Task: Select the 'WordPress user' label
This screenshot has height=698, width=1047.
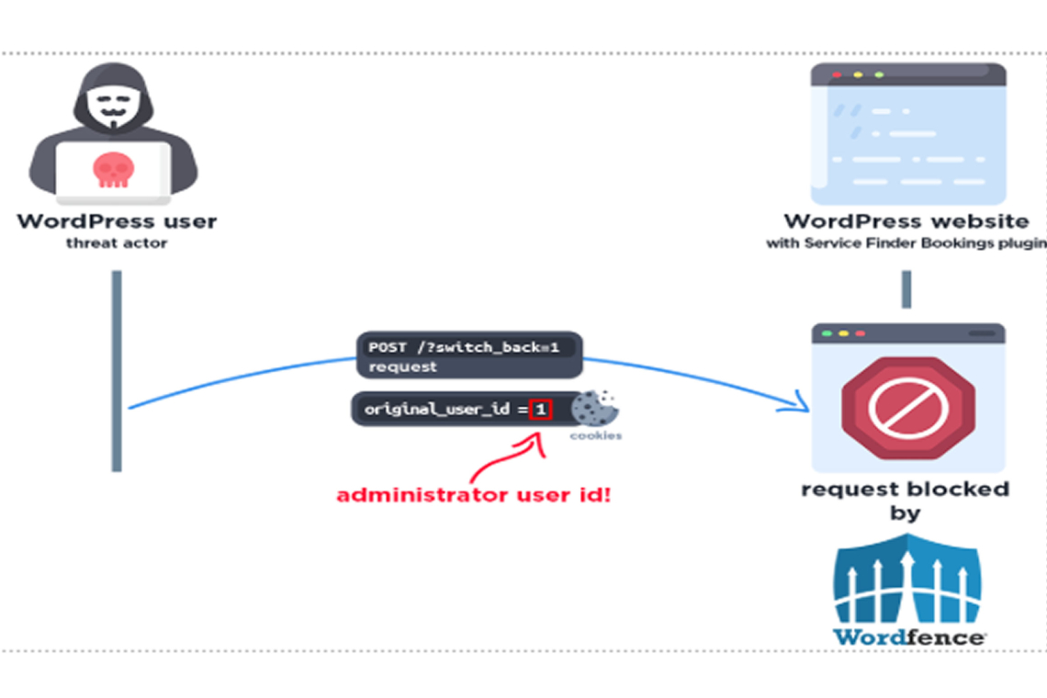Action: coord(117,221)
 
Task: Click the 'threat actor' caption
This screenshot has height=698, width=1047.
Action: coord(117,243)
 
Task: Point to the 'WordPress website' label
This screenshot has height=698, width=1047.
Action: coord(906,221)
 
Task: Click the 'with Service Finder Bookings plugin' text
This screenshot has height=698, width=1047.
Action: coord(906,243)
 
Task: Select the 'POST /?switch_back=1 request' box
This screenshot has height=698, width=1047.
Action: coord(469,355)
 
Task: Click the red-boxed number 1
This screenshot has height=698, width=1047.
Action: coord(541,409)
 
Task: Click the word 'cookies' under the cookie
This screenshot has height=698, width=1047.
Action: coord(595,435)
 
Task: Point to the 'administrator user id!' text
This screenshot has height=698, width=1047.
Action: coord(473,495)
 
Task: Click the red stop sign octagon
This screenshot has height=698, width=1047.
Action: coord(907,407)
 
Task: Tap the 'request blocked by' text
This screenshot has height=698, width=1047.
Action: coord(905,501)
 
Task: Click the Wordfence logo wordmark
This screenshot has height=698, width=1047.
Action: coord(909,636)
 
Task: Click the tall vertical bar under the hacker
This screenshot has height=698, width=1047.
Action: coord(117,370)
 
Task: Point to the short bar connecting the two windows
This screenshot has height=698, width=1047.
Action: coord(906,289)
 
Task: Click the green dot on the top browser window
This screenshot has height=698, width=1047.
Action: coord(879,74)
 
